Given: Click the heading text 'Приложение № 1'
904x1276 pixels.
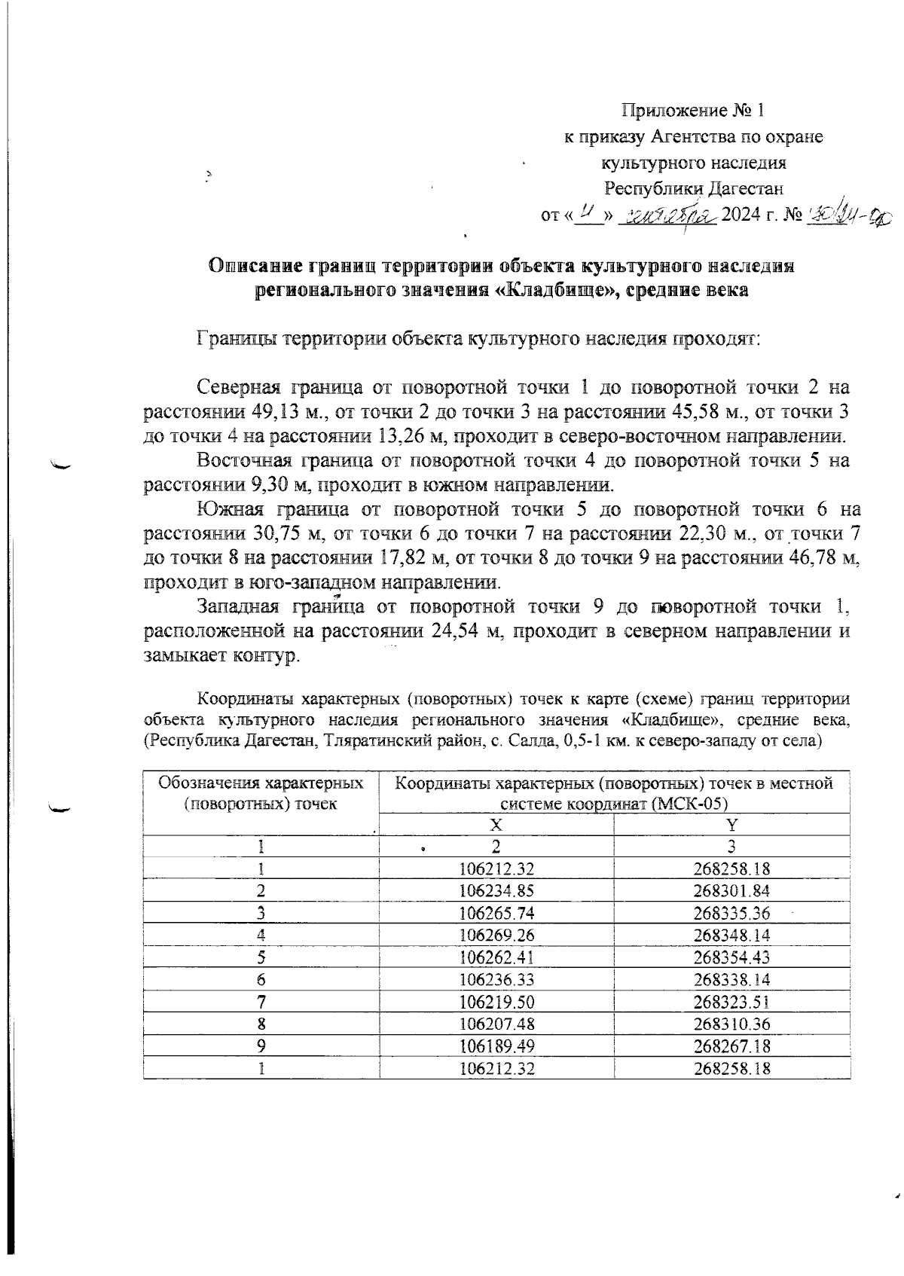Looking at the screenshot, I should (692, 111).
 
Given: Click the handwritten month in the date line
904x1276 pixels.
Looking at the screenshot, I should (667, 215).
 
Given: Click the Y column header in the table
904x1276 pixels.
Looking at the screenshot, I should (731, 825).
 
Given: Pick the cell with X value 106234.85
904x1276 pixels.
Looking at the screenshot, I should (496, 891).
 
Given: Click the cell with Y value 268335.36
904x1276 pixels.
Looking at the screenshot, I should (731, 913).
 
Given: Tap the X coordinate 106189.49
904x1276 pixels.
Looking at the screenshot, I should (496, 1046).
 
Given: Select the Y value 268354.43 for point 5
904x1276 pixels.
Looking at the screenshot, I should (731, 957).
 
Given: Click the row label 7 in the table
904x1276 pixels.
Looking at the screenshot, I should (260, 1002).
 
